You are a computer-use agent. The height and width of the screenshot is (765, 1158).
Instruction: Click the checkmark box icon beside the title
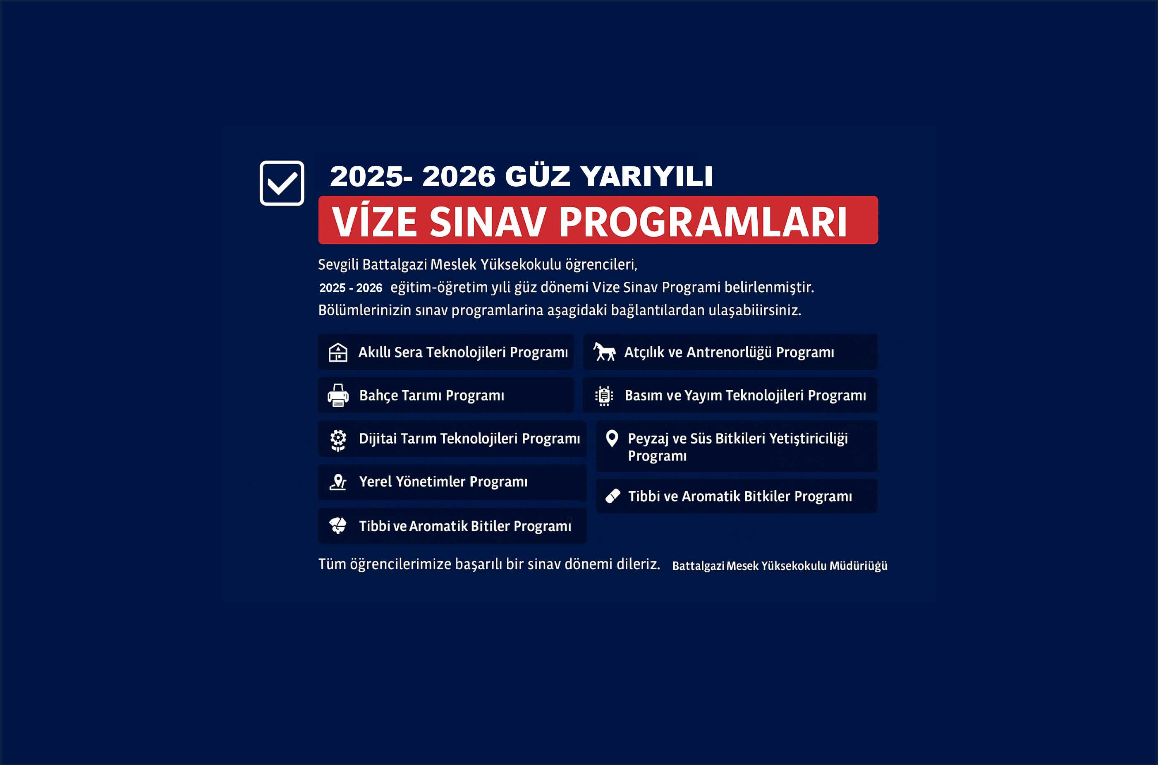[x=282, y=183]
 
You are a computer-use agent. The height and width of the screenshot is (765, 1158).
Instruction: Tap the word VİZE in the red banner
[x=374, y=222]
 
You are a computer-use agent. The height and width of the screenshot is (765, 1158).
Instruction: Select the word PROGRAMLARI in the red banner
[x=703, y=222]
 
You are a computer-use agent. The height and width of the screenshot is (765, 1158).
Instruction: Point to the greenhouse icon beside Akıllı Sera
[x=338, y=352]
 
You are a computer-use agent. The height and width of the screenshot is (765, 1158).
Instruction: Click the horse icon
[x=604, y=351]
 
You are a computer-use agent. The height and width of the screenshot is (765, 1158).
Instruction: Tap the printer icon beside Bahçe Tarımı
[x=338, y=395]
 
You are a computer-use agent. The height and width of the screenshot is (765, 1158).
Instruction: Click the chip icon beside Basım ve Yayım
[x=604, y=396]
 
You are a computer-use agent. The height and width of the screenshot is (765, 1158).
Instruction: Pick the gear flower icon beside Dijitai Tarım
[x=338, y=440]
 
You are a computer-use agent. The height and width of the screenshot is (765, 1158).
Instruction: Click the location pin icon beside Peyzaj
[x=612, y=439]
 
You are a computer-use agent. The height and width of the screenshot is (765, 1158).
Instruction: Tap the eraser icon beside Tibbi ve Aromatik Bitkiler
[x=613, y=496]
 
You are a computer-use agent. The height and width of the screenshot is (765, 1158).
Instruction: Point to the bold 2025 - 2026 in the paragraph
[x=351, y=288]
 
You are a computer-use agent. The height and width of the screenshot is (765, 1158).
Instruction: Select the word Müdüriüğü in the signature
[x=858, y=566]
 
